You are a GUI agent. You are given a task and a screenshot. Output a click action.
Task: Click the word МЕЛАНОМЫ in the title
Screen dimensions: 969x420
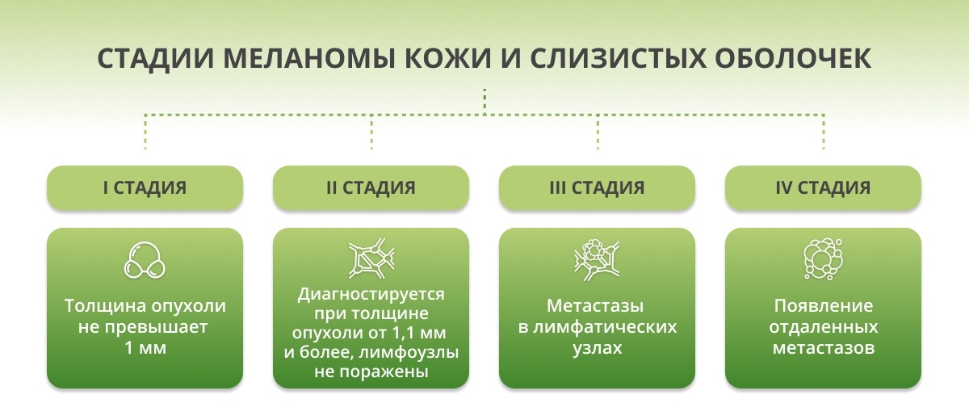pos(308,58)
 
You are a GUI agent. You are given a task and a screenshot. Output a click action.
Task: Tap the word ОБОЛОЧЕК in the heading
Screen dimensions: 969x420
pos(792,58)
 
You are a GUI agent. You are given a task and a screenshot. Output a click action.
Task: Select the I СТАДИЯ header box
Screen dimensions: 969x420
pos(145,187)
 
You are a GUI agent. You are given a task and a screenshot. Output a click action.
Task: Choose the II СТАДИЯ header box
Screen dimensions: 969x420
pos(371,187)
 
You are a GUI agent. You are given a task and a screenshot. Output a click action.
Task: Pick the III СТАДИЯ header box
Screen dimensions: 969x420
pos(597,187)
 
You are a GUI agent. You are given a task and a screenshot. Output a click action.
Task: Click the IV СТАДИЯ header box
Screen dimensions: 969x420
pos(823,187)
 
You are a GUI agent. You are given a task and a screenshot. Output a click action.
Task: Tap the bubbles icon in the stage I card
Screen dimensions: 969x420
pos(145,259)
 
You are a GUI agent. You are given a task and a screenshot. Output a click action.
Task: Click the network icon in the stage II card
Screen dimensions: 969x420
pos(371,258)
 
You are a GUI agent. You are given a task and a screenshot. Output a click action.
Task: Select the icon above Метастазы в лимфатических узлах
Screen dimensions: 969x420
pos(597,260)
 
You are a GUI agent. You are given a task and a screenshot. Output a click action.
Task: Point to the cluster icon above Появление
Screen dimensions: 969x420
pos(823,258)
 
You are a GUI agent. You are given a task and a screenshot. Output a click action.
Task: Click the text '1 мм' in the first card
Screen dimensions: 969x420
pos(145,348)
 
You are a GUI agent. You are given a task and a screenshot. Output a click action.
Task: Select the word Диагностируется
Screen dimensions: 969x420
pos(371,295)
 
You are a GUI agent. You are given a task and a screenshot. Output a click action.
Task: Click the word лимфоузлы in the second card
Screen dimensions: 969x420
pos(409,352)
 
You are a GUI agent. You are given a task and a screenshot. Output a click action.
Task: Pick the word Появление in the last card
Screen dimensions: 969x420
pos(823,306)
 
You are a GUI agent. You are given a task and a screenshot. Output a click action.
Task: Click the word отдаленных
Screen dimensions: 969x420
pos(823,327)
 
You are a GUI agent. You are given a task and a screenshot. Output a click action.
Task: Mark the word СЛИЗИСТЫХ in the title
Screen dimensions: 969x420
pos(617,58)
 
